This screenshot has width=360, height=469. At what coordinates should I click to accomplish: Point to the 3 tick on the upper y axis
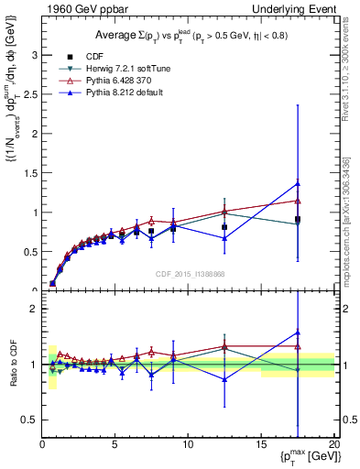click(33, 54)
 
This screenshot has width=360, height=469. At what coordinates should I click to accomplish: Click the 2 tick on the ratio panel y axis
click(33, 309)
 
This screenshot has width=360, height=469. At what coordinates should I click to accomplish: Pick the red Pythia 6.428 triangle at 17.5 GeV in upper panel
click(298, 201)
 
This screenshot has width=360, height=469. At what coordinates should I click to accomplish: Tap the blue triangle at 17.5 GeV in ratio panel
click(298, 333)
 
